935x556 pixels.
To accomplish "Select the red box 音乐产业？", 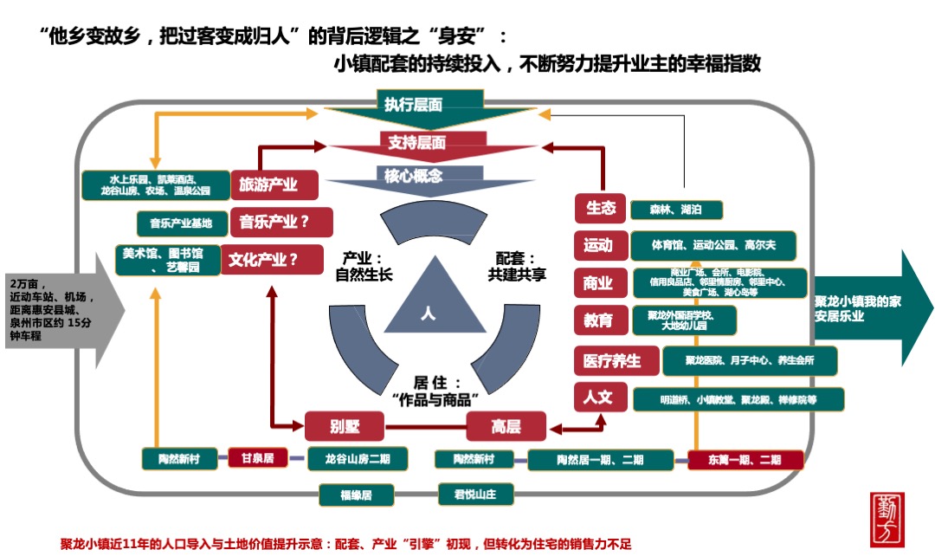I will [274, 222].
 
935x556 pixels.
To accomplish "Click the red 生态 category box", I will [600, 209].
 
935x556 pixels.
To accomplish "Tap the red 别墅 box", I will [344, 426].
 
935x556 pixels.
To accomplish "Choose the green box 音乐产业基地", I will [181, 223].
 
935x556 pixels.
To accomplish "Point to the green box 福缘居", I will [356, 495].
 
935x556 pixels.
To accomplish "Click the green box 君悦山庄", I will [475, 495].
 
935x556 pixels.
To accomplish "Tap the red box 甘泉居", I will [256, 458].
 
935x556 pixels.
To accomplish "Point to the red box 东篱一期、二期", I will [745, 460].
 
